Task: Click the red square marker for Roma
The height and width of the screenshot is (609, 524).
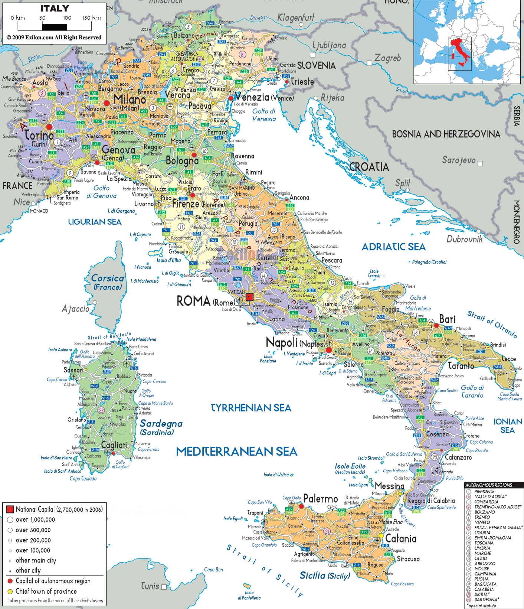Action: point(249,297)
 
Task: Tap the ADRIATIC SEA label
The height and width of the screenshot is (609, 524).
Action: point(393,247)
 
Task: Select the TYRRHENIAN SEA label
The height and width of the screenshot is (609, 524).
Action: point(251,408)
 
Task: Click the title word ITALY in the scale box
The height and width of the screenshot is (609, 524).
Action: point(55,9)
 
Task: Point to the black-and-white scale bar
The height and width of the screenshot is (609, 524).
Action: point(55,27)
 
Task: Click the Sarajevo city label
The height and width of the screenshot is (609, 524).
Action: point(459,160)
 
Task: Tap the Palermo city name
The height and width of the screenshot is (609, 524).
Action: point(320,499)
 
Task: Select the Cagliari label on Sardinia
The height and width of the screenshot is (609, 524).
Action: point(114,445)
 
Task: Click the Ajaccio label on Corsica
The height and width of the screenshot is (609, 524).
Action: point(76,309)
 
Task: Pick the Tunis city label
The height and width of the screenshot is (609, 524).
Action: point(150,586)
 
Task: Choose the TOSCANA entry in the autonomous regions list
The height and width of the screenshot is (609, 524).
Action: point(484,543)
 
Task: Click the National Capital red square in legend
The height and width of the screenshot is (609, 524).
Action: point(10,509)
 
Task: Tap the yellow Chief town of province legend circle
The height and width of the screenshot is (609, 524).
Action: point(10,591)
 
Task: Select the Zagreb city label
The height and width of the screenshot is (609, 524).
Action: point(387,58)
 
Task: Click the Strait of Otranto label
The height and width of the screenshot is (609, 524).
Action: point(492,324)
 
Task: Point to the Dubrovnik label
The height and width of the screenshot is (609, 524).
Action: point(465,239)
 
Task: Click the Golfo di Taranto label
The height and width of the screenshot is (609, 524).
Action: point(472,391)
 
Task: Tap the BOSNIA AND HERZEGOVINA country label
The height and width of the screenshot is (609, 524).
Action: point(446,134)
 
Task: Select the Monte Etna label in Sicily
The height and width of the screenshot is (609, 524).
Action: point(390,522)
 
